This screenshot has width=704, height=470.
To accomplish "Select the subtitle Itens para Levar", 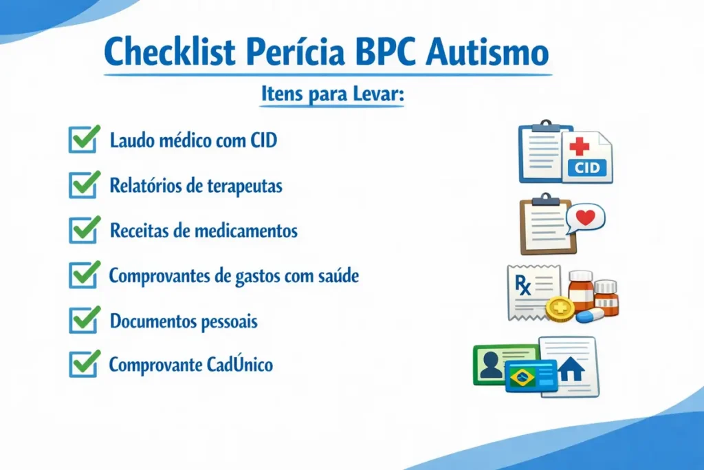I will point(332,94).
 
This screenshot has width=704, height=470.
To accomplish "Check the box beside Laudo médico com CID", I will point(82,140).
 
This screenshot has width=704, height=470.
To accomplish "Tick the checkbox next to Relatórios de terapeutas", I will point(82,185).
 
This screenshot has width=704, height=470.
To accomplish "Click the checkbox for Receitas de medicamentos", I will point(82,230).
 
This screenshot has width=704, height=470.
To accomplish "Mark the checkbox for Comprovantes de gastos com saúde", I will point(82,275).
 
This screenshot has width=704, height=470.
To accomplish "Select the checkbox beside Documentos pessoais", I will point(82,320).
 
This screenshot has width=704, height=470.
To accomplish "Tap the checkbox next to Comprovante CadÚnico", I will point(82,364).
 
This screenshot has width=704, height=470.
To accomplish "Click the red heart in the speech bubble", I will point(585,217).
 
